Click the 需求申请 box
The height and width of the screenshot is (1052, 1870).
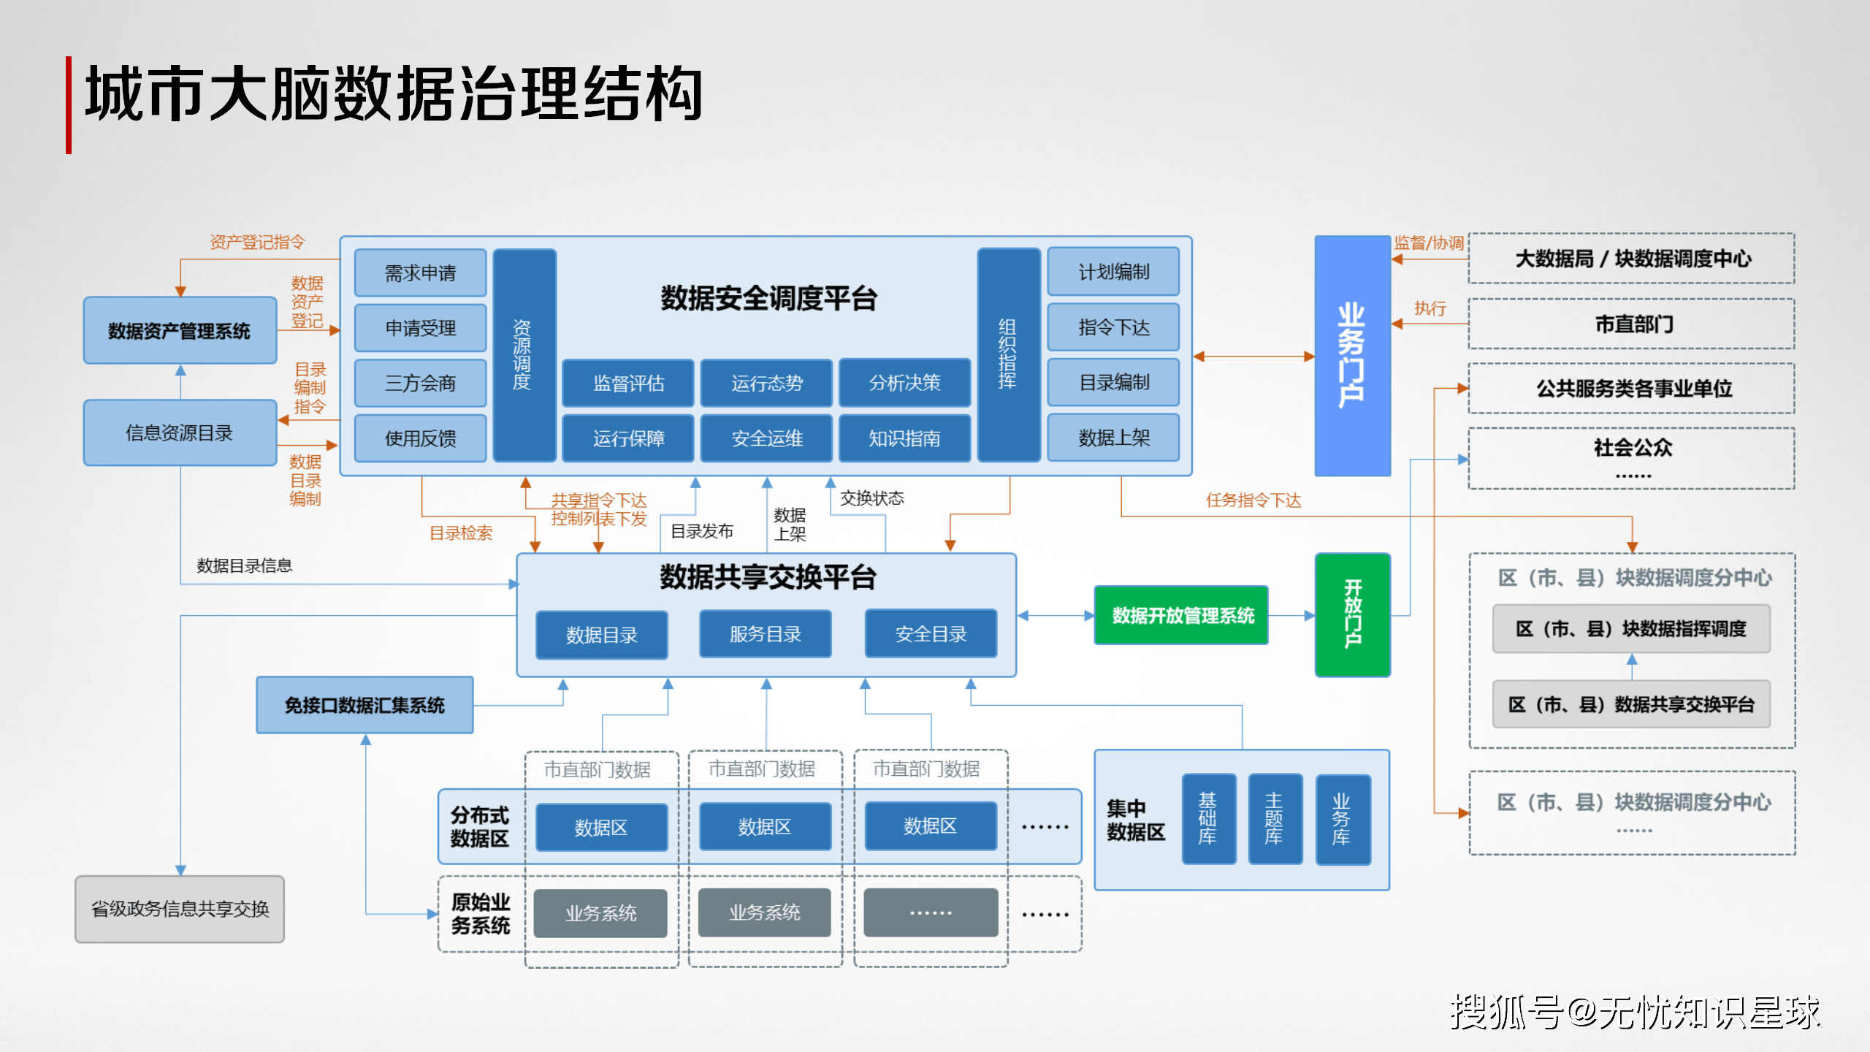tap(420, 273)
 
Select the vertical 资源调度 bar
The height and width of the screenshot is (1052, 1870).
tap(523, 355)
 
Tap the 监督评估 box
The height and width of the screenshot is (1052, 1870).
tap(627, 383)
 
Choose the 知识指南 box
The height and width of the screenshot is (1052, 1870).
tap(904, 438)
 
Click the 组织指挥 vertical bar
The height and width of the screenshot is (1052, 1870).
tap(1008, 355)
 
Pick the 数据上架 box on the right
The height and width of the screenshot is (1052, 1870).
tap(1113, 438)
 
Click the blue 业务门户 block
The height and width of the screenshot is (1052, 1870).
tap(1351, 355)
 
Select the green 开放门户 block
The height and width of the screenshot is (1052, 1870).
tap(1352, 614)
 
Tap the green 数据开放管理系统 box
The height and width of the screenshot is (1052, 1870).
tap(1181, 615)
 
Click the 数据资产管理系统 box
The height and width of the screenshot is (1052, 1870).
tap(180, 331)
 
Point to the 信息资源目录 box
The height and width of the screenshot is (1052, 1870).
tap(180, 432)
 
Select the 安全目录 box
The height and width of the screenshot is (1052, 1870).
tap(931, 634)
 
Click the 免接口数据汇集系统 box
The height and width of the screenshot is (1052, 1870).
tap(365, 705)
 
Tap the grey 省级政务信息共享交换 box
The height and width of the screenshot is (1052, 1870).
tap(180, 909)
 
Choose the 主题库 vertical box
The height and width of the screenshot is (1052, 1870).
tap(1275, 819)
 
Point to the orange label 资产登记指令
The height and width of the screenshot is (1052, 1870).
tap(257, 242)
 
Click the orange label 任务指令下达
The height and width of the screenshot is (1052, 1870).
tap(1253, 500)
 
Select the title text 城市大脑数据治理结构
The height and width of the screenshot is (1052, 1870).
tap(394, 94)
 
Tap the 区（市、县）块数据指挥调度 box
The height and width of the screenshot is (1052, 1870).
tap(1631, 628)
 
